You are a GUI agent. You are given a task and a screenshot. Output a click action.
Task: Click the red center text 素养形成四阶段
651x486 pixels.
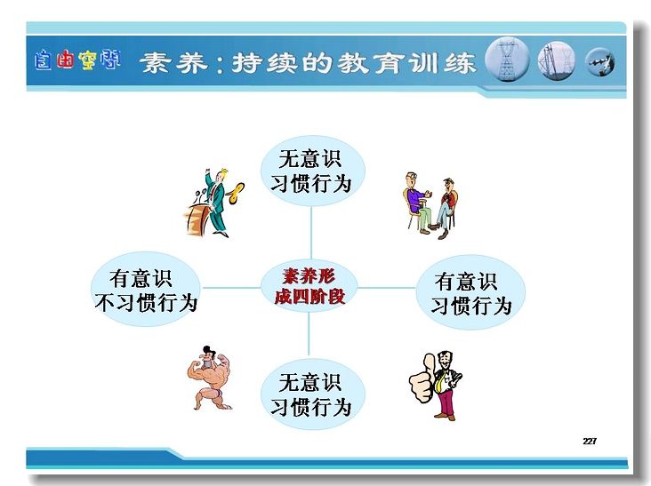tap(309, 286)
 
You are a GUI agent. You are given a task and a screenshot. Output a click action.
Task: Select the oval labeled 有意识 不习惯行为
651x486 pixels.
tap(146, 289)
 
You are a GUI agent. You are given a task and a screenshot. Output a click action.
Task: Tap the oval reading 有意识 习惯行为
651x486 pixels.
tap(470, 292)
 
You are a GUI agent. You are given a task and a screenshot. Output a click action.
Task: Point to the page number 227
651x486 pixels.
tap(590, 441)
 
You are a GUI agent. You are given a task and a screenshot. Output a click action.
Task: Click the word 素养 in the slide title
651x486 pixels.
tap(173, 62)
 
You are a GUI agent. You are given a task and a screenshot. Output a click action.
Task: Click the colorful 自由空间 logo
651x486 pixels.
tap(77, 60)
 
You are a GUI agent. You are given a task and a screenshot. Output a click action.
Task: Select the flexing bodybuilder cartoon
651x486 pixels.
tap(210, 378)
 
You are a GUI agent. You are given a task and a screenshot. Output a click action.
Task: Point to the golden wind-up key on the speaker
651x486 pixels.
tap(237, 193)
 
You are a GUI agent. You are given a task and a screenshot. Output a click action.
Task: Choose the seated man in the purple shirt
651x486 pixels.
tap(417, 203)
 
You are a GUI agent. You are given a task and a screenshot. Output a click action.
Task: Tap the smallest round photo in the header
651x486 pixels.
tap(600, 62)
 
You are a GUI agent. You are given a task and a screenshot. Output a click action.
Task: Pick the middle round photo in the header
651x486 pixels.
tap(557, 60)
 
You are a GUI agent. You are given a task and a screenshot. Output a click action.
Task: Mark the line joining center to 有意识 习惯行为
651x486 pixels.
tap(386, 287)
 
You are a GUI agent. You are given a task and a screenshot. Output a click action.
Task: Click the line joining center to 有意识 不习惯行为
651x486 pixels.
tap(232, 287)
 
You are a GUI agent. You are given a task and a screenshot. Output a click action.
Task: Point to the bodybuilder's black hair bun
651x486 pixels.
tap(207, 349)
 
